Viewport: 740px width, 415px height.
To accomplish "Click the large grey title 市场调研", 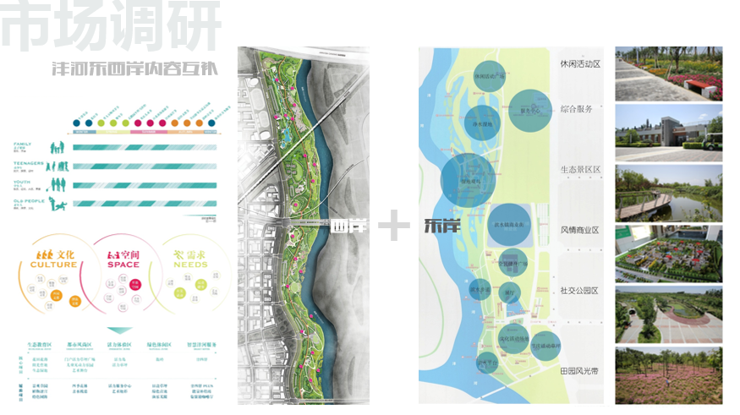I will pyautogui.click(x=110, y=27).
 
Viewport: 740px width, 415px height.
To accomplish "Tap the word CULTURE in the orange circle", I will pyautogui.click(x=53, y=265).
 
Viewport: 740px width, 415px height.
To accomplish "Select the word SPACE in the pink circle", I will pyautogui.click(x=123, y=265).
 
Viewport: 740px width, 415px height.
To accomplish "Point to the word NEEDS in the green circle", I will pyautogui.click(x=191, y=265).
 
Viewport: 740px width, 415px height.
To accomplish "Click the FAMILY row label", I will pyautogui.click(x=23, y=145).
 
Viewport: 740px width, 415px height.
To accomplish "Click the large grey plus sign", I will pyautogui.click(x=394, y=227).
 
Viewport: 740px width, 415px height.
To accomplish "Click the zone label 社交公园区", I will pyautogui.click(x=579, y=291).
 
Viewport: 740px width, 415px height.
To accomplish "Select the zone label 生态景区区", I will pyautogui.click(x=579, y=170).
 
